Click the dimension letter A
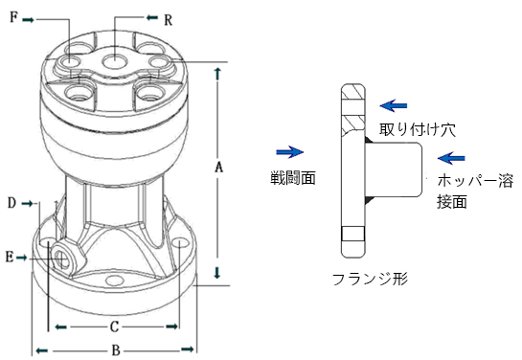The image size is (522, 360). (x=218, y=167)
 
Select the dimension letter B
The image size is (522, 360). (x=116, y=350)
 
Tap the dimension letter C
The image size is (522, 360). (x=114, y=326)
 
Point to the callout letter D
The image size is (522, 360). (x=12, y=203)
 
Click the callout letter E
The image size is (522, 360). (x=10, y=258)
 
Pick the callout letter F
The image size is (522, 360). (x=13, y=16)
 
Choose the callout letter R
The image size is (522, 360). (x=169, y=20)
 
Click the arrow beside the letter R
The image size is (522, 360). (x=152, y=17)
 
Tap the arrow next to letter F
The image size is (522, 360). (x=29, y=20)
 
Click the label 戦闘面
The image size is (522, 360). (x=293, y=178)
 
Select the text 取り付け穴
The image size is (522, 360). (x=418, y=129)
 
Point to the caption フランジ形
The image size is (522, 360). (x=371, y=279)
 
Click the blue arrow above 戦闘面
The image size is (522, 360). (x=290, y=152)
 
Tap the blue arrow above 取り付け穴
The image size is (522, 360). (x=394, y=106)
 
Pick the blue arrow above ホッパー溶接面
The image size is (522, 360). (x=451, y=158)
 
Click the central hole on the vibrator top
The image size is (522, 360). (x=115, y=61)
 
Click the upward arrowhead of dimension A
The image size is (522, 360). (x=217, y=74)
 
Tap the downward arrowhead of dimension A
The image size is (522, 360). (x=217, y=273)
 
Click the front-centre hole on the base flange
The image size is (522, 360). (x=114, y=281)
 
